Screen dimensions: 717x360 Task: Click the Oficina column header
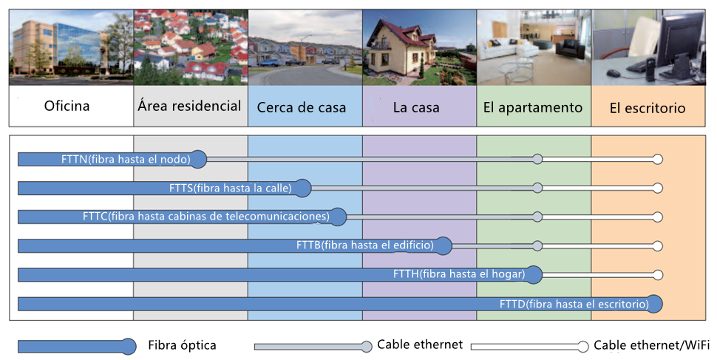point(67,106)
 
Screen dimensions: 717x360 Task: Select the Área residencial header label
point(190,106)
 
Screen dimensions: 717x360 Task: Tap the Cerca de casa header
point(302,107)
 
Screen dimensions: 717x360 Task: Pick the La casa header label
point(416,107)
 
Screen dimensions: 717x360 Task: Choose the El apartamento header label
point(533,107)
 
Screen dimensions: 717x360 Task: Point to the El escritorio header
point(648,108)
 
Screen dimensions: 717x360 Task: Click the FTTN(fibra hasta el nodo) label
point(126,159)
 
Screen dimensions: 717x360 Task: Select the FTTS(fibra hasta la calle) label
point(231,188)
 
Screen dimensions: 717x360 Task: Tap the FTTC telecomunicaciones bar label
point(206,217)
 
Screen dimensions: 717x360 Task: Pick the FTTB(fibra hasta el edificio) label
point(365,245)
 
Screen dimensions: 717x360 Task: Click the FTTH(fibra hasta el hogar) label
point(459,274)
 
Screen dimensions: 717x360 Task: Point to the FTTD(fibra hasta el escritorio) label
point(574,304)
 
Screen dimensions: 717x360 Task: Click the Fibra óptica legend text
point(182,345)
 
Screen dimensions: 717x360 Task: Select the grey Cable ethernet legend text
point(420,344)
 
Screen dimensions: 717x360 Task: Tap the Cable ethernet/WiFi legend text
point(652,345)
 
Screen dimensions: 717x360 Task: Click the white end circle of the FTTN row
point(658,159)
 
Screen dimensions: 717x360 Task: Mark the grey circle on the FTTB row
point(538,246)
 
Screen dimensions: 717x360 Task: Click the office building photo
point(72,47)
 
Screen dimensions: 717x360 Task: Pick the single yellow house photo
point(420,47)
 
